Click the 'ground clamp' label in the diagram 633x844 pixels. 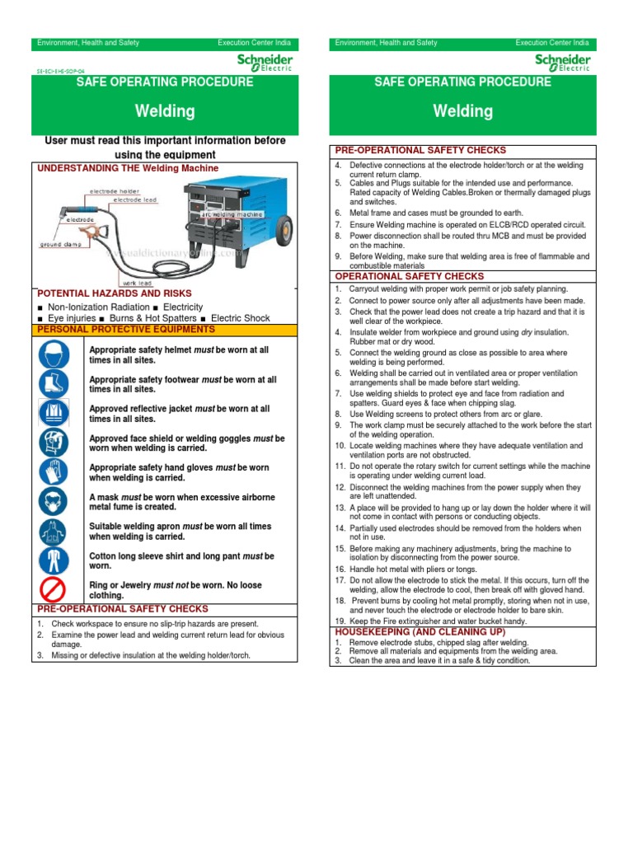tap(61, 244)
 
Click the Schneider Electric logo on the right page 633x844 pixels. tap(563, 63)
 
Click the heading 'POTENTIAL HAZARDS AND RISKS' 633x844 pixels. tap(115, 293)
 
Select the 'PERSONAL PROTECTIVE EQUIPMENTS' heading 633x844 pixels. tap(126, 329)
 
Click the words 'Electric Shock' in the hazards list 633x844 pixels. tap(240, 317)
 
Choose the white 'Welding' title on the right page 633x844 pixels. tap(462, 111)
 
